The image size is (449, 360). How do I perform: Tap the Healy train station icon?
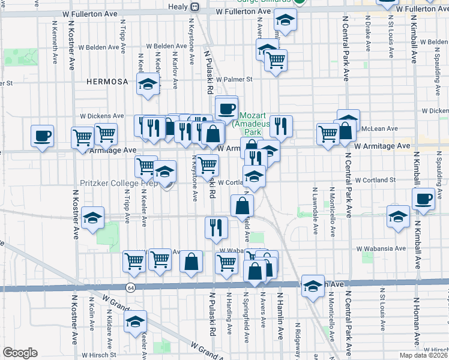pos(194,7)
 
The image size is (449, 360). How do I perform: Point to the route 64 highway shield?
pos(130,288)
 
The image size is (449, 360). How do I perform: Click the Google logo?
pos(20,353)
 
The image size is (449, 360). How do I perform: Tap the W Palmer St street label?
pos(235,79)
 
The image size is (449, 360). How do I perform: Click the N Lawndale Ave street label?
pos(314,203)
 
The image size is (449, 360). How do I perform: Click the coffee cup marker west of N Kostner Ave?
pos(42,136)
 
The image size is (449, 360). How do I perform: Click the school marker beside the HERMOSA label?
pos(147,85)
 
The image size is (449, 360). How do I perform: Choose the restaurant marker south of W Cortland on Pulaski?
pos(215,227)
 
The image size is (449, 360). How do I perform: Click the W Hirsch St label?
pos(431,349)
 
